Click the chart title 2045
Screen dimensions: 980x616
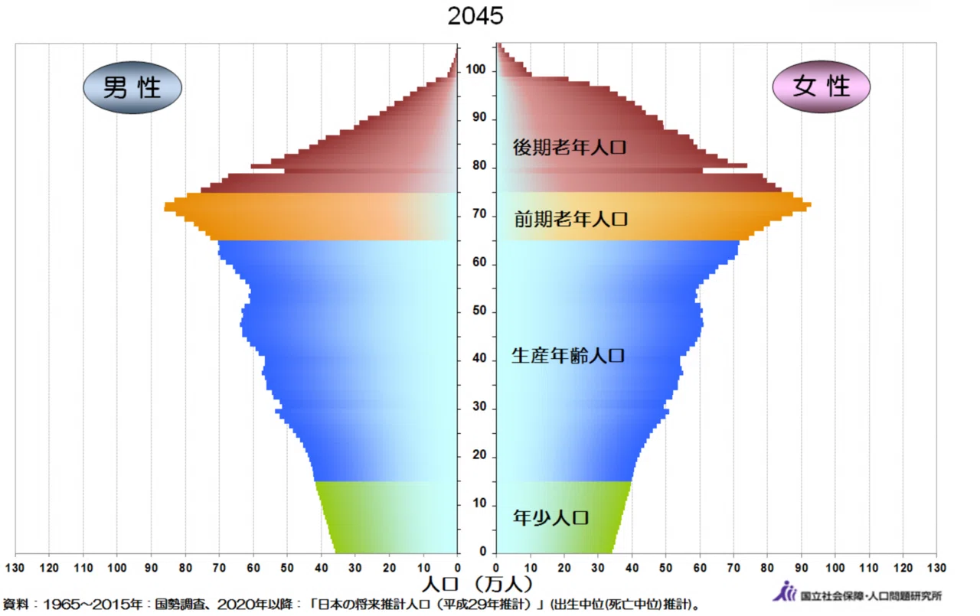(475, 16)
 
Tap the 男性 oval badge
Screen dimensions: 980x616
(132, 87)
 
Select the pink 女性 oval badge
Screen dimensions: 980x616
(822, 86)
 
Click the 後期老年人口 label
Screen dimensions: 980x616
(570, 148)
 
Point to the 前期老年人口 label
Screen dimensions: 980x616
(571, 219)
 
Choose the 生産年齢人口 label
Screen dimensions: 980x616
(568, 355)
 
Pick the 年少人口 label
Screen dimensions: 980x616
(550, 517)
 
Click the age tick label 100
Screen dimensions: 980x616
(475, 70)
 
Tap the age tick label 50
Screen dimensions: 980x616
(479, 311)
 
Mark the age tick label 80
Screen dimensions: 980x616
(479, 166)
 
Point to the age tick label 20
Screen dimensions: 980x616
(479, 455)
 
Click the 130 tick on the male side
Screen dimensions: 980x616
(15, 568)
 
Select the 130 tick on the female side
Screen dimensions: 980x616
(936, 568)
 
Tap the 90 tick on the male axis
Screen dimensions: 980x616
(152, 568)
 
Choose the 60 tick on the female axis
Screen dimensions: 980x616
(700, 568)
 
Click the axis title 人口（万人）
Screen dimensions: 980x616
(477, 584)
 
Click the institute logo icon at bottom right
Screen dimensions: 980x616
(785, 592)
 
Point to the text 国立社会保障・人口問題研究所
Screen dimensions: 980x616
(871, 596)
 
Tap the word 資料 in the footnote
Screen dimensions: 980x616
(16, 605)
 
